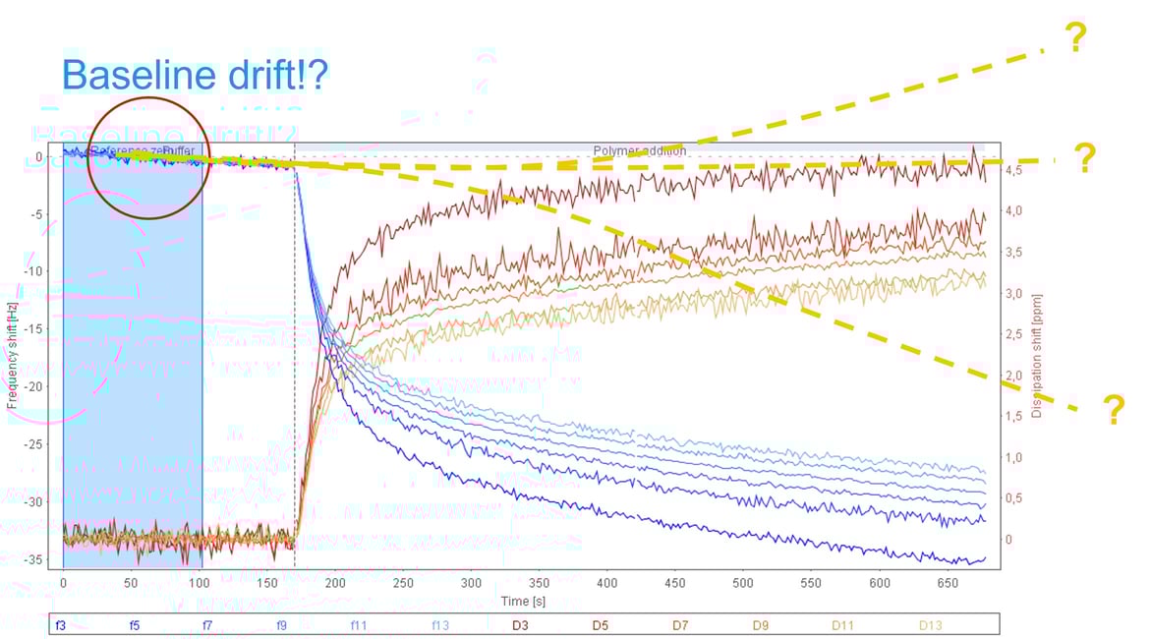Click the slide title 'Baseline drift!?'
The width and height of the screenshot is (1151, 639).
pyautogui.click(x=195, y=75)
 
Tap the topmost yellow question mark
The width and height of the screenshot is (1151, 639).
pyautogui.click(x=1075, y=37)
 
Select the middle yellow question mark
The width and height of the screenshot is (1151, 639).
pyautogui.click(x=1084, y=158)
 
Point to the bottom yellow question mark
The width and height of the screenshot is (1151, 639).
pyautogui.click(x=1114, y=409)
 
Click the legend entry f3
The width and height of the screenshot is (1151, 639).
pyautogui.click(x=60, y=624)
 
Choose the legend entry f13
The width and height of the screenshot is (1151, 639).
pyautogui.click(x=439, y=624)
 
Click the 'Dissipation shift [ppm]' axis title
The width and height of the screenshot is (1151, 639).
pyautogui.click(x=1037, y=356)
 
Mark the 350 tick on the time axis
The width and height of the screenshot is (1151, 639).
pyautogui.click(x=540, y=582)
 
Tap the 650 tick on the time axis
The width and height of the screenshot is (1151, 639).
pyautogui.click(x=946, y=582)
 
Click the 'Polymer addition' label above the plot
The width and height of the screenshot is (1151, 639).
pyautogui.click(x=640, y=151)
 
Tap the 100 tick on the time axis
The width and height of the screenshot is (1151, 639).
pyautogui.click(x=200, y=582)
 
